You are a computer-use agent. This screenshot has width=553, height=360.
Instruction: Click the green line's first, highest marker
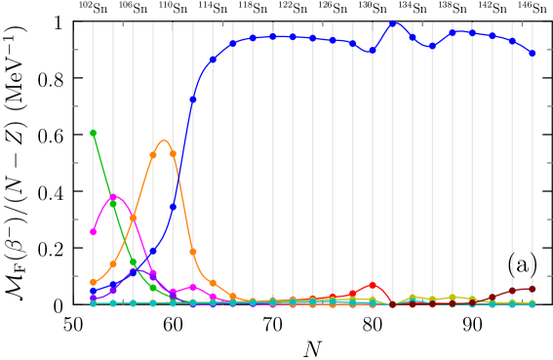coord(93,133)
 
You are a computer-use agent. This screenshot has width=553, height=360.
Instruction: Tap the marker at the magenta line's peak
coord(113,197)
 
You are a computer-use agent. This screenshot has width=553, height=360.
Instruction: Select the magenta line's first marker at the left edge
coord(93,231)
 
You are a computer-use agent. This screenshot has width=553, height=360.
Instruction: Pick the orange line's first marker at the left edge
coord(93,282)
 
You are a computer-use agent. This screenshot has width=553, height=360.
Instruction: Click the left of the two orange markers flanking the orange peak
coord(153,155)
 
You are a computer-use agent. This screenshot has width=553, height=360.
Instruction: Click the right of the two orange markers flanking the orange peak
coord(173,154)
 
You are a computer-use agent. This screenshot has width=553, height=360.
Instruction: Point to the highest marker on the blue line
coord(392,23)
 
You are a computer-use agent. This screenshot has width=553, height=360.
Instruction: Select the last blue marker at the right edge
coord(533,54)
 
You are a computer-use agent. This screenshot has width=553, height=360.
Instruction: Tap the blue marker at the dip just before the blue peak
coord(372,51)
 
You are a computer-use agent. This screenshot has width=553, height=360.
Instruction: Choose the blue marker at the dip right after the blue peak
coord(432,46)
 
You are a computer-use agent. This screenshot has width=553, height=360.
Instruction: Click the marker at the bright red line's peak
coord(372,284)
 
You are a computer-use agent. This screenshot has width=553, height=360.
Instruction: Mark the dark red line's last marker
coord(533,289)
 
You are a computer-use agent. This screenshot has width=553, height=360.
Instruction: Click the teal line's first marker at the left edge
coord(93,303)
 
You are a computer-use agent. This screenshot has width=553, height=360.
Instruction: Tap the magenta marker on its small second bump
coord(193,287)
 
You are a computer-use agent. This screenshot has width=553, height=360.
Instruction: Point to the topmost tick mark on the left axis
coord(76,49)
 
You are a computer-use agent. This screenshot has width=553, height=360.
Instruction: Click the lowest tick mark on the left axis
coord(76,276)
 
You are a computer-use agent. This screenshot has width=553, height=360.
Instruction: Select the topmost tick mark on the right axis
coord(549,49)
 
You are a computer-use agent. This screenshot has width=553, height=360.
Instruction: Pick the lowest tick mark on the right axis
coord(549,276)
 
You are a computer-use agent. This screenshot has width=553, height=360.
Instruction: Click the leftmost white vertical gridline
coord(93,146)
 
